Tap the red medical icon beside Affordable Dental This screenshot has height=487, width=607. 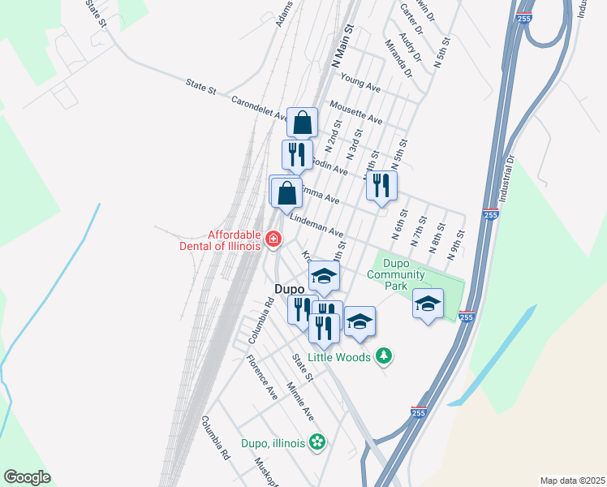pos(273,239)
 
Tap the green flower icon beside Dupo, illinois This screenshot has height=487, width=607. pos(318,442)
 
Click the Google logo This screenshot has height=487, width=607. pos(27,477)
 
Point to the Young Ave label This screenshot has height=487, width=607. pos(361,81)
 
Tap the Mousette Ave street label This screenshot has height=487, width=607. pos(355,112)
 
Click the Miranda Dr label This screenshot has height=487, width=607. pos(399,58)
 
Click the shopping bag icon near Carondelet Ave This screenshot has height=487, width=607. pos(302,124)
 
